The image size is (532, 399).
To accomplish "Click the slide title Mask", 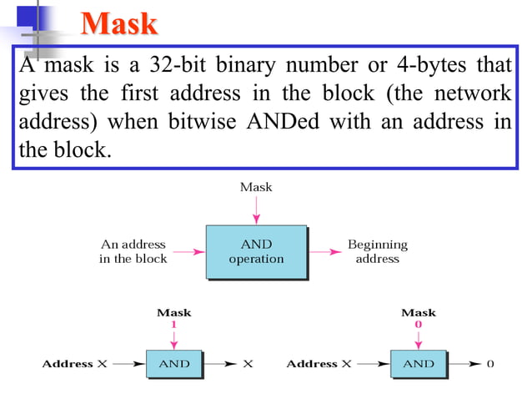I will coord(119,23).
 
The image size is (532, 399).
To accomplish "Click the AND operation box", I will coord(256,251).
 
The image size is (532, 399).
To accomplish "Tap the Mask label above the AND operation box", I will coord(256,187).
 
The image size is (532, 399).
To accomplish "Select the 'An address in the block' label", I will coord(133,251).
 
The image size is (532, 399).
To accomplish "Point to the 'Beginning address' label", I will coord(377,251).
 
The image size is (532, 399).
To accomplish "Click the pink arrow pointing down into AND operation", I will coord(256,210).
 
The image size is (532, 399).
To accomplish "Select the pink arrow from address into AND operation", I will coord(191,250).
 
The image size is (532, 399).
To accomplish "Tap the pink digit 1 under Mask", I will coord(173,324).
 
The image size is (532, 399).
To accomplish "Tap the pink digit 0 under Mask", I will coord(418,324).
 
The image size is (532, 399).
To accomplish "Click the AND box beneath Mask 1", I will coord(173,364).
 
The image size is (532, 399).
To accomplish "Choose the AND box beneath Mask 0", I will coord(418,364).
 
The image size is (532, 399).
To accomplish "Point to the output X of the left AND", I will coord(248,364).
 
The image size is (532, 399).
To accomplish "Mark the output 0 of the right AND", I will coord(490,364).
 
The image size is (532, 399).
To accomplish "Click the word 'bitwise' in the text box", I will coord(198,122).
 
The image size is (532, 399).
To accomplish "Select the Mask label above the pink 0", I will coord(418,313).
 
